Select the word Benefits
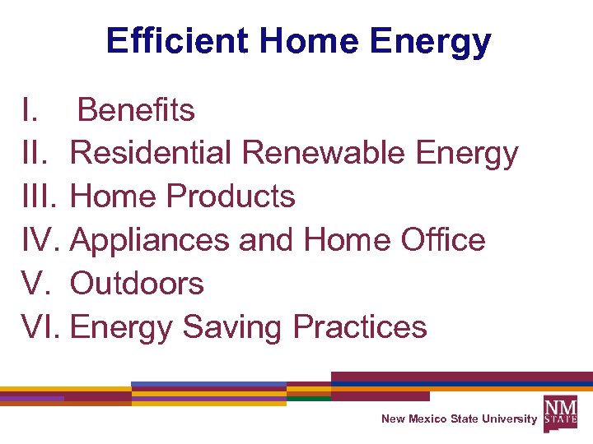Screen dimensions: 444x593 pyautogui.click(x=136, y=110)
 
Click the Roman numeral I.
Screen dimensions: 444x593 pyautogui.click(x=29, y=110)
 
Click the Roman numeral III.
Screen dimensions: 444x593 pyautogui.click(x=42, y=197)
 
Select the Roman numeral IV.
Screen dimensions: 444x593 pyautogui.click(x=42, y=240)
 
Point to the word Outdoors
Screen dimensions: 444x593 pyautogui.click(x=138, y=284)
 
